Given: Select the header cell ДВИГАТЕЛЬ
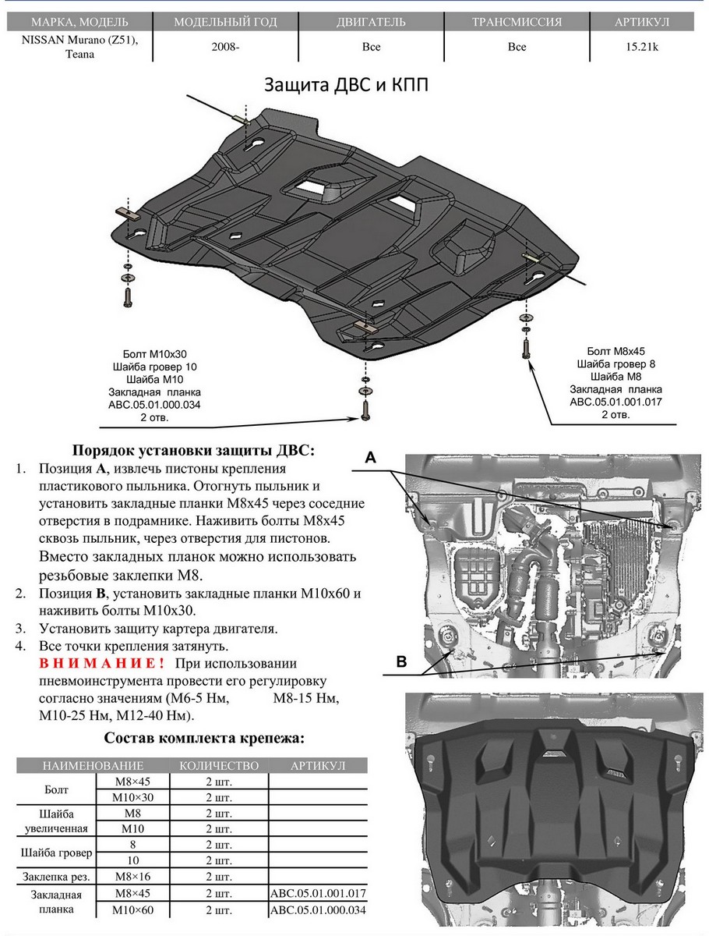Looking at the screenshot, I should coord(372,22).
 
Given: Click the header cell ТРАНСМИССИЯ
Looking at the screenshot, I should coord(517,22).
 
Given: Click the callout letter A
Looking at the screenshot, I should coord(372,459).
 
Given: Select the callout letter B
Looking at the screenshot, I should coord(401,662).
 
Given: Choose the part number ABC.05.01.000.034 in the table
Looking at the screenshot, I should coord(318,910).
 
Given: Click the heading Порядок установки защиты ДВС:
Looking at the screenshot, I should coord(194,450).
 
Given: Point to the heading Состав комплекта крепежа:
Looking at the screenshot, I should coord(204,738).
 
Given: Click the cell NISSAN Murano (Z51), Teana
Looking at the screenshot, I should coord(77,47).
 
